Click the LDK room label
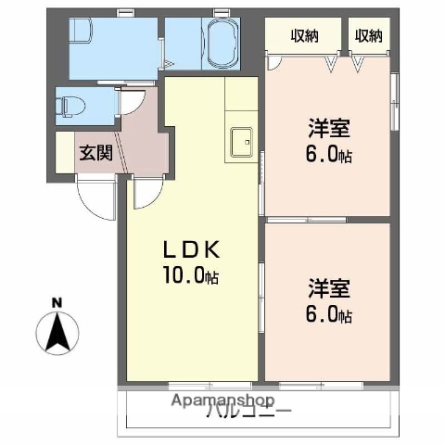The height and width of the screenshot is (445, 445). click(x=192, y=251)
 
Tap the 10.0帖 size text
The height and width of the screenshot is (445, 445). click(x=192, y=275)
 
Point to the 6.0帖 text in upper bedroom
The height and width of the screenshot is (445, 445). click(x=329, y=155)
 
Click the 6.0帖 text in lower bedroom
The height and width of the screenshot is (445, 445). click(x=329, y=315)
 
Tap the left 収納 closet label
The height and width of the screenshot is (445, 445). click(x=304, y=36)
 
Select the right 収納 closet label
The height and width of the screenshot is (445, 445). click(x=368, y=36)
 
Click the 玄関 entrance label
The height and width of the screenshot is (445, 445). click(x=95, y=153)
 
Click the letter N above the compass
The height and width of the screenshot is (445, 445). click(x=57, y=302)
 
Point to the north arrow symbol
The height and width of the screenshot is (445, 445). click(x=57, y=331)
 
